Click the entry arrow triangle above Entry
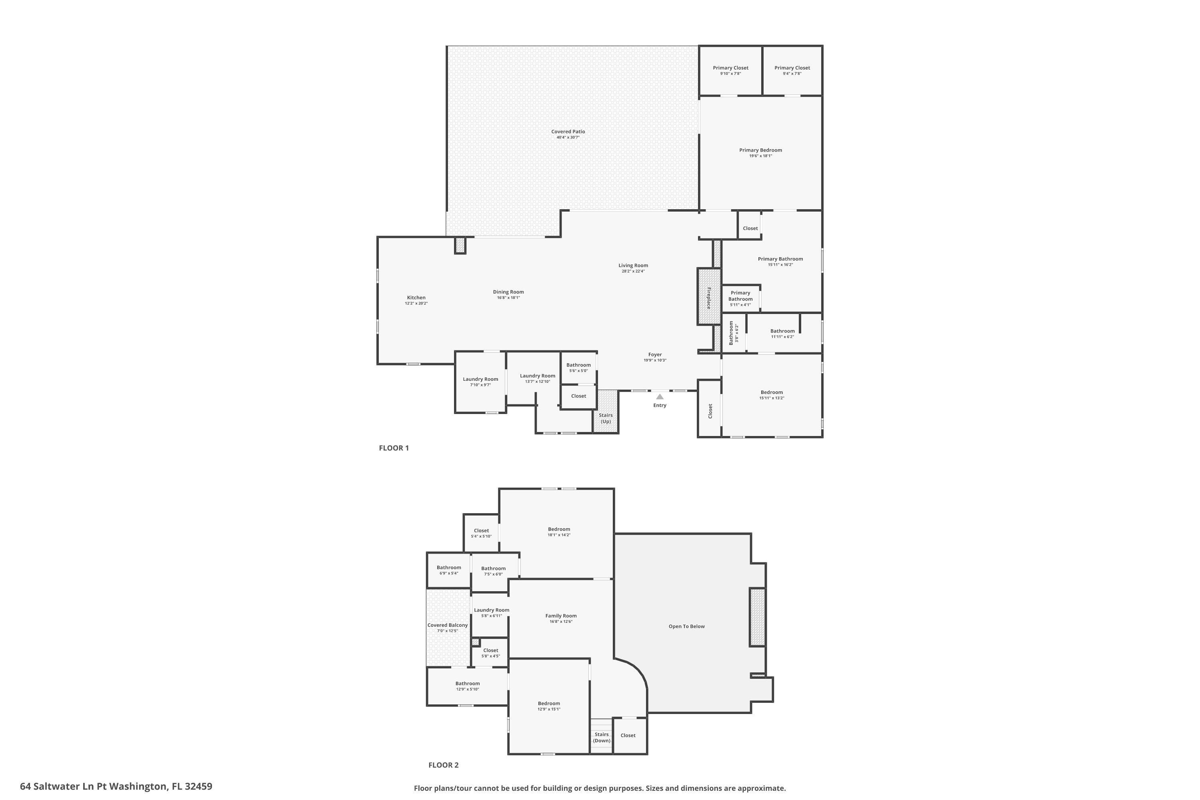point(660,396)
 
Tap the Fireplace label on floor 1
point(709,298)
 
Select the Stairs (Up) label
point(606,418)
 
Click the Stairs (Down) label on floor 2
point(602,737)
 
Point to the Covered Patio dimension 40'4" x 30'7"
point(568,137)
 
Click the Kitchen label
point(416,298)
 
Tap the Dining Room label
point(508,292)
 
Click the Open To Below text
point(686,626)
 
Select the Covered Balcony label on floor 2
point(448,625)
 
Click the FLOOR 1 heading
point(393,448)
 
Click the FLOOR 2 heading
point(443,765)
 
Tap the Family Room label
point(561,616)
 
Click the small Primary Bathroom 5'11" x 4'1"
point(740,298)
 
